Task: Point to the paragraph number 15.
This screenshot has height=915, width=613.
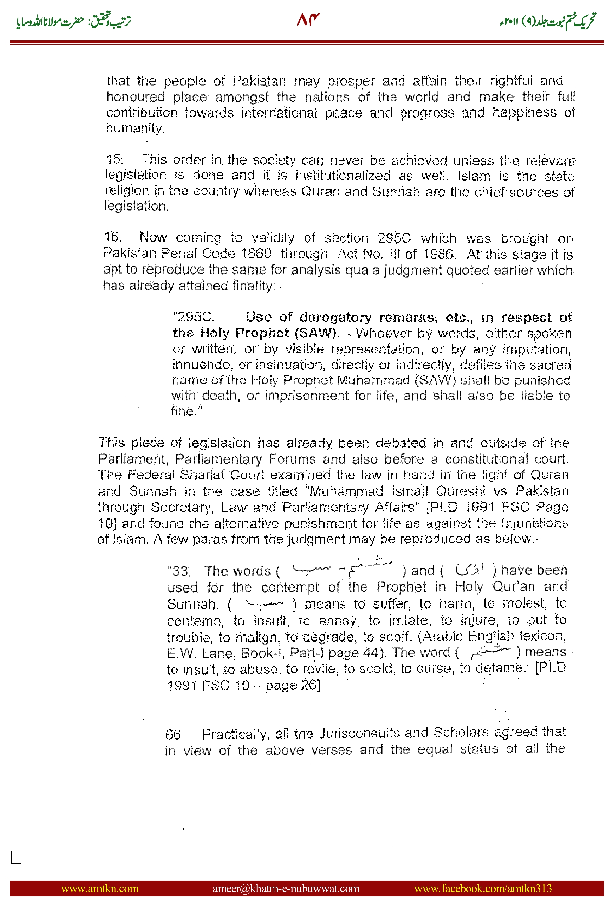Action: pyautogui.click(x=114, y=159)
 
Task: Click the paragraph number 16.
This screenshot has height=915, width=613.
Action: pyautogui.click(x=113, y=237)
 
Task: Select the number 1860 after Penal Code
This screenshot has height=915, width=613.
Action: pyautogui.click(x=256, y=254)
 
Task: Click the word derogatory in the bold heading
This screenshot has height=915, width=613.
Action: pyautogui.click(x=335, y=317)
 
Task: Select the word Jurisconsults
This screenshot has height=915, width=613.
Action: pyautogui.click(x=359, y=733)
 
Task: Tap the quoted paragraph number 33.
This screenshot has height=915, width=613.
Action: pyautogui.click(x=179, y=571)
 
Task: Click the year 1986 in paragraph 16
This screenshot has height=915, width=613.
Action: pyautogui.click(x=439, y=254)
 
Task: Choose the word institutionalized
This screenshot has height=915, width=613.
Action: pyautogui.click(x=342, y=175)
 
